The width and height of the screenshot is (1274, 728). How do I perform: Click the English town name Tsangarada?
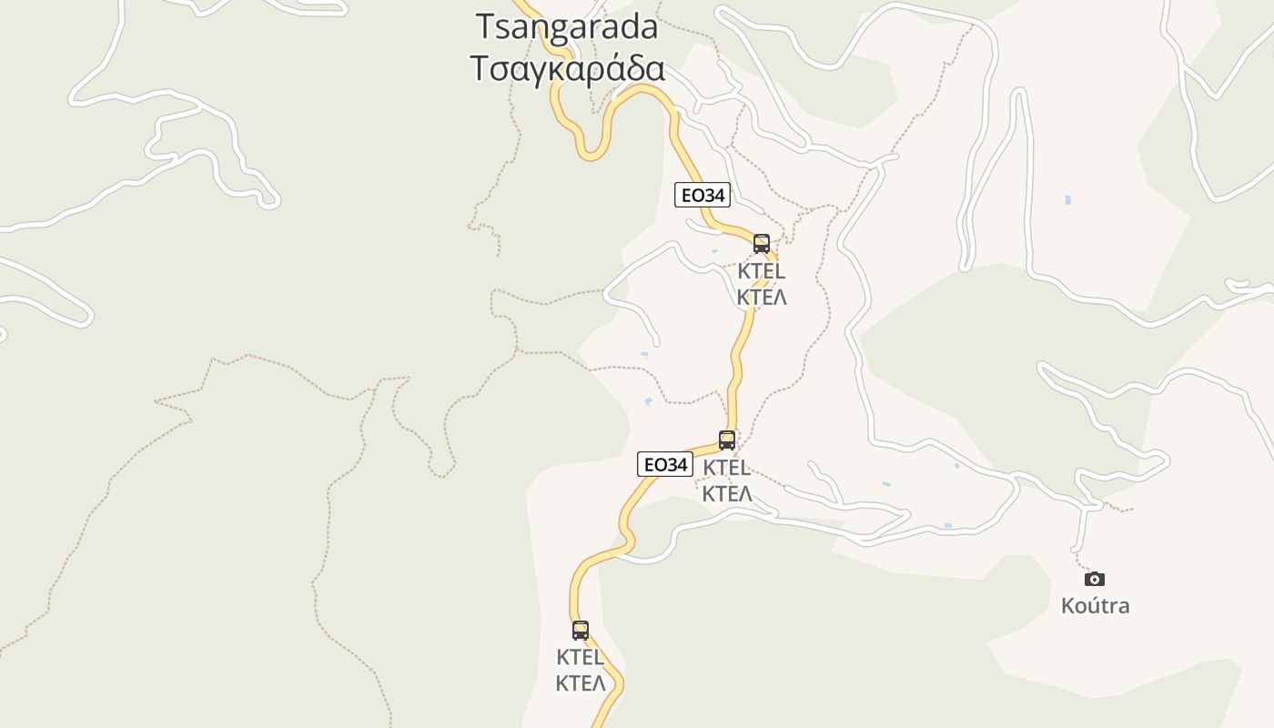pyautogui.click(x=567, y=27)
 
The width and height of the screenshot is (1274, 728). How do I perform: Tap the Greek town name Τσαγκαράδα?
pyautogui.click(x=567, y=68)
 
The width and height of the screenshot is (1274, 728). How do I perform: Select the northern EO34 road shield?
pyautogui.click(x=702, y=195)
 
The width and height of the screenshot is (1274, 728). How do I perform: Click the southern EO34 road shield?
pyautogui.click(x=664, y=464)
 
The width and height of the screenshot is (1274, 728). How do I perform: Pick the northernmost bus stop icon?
pyautogui.click(x=762, y=244)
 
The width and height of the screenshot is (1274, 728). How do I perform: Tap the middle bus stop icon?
pyautogui.click(x=727, y=440)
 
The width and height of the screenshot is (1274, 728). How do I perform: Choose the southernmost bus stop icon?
pyautogui.click(x=581, y=630)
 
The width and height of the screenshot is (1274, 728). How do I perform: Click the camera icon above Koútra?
pyautogui.click(x=1095, y=579)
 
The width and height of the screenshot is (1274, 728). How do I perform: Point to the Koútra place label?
pyautogui.click(x=1095, y=605)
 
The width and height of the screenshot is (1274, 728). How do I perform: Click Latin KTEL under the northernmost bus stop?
pyautogui.click(x=762, y=271)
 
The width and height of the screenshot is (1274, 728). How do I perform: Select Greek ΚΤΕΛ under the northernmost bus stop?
pyautogui.click(x=762, y=298)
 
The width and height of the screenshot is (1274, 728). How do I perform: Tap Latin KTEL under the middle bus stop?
pyautogui.click(x=727, y=468)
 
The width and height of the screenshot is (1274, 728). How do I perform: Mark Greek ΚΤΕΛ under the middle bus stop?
pyautogui.click(x=727, y=494)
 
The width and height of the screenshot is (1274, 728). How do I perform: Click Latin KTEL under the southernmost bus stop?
pyautogui.click(x=581, y=657)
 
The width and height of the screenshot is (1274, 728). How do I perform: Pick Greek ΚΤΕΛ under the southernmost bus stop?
pyautogui.click(x=581, y=683)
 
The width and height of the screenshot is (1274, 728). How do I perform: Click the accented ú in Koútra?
pyautogui.click(x=1092, y=605)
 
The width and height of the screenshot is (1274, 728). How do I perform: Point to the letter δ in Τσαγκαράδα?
pyautogui.click(x=632, y=68)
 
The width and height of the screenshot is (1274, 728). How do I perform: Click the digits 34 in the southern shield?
pyautogui.click(x=674, y=464)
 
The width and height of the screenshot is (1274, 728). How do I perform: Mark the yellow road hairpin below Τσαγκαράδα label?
pyautogui.click(x=592, y=153)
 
